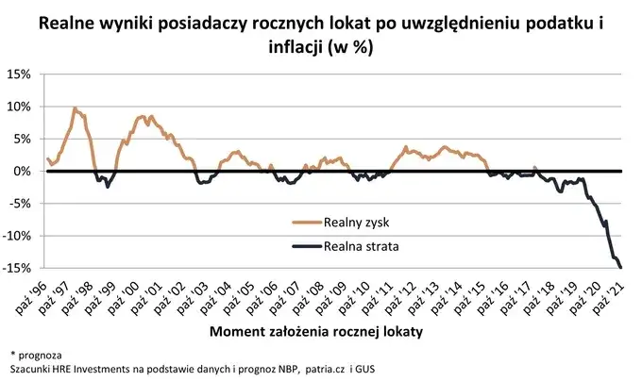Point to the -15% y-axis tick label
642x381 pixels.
(19, 269)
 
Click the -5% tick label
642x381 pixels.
(22, 204)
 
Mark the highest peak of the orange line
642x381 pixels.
(75, 108)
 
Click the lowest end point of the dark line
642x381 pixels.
(620, 268)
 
